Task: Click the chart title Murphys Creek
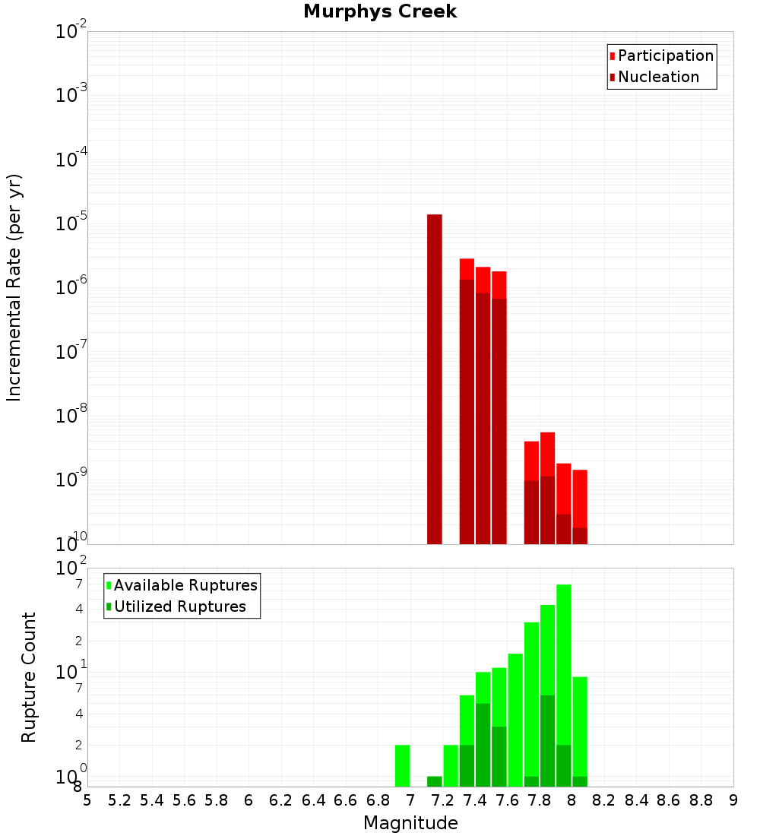(x=380, y=12)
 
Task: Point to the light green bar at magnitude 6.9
(x=402, y=765)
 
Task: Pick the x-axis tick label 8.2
(x=603, y=800)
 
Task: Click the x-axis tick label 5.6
(x=185, y=800)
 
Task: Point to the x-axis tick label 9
(x=733, y=800)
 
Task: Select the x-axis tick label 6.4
(x=313, y=800)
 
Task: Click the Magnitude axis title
(x=410, y=823)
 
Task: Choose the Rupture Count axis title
(x=29, y=677)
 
